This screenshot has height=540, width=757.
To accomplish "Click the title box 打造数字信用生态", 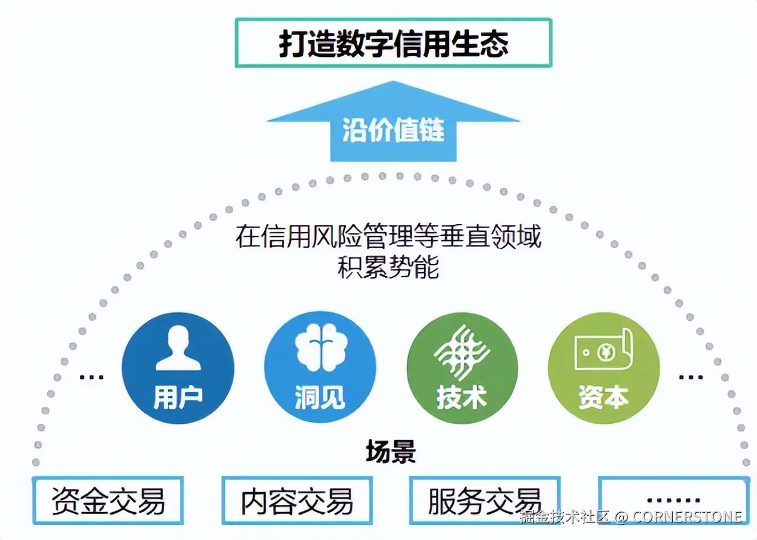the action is coord(393,42).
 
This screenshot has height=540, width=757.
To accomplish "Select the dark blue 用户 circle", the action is coord(177,367).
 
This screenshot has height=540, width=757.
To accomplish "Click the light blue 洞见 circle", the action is coord(320,367).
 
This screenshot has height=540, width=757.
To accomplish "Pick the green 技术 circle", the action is coord(462,367).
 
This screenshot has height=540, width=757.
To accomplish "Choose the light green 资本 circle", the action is coord(603,367).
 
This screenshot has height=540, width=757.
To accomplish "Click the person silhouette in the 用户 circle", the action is coord(177,348).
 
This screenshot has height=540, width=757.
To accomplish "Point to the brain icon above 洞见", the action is coord(319,348).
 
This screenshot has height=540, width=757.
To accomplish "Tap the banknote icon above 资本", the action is coord(603,351).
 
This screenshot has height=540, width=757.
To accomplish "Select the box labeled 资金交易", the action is coord(108,501).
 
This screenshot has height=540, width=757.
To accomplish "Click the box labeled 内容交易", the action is coord(297,501).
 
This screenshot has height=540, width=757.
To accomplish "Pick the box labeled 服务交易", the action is coord(484,501).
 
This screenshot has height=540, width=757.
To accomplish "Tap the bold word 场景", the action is coord(391,452).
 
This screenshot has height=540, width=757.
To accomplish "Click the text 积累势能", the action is coord(388,267).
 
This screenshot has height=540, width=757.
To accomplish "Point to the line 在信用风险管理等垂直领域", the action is coord(388,237).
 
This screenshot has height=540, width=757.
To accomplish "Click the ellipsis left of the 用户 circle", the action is coord(91,377).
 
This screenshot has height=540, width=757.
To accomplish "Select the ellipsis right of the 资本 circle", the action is coord(690,377).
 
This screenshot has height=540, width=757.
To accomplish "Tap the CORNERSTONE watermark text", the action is coord(687,517).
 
